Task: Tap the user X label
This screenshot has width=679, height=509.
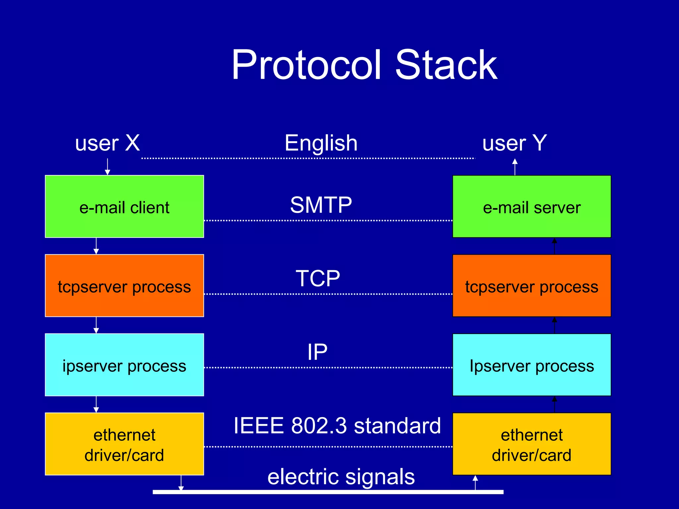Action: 107,143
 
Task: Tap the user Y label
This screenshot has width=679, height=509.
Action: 514,143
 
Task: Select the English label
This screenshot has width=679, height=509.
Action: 321,143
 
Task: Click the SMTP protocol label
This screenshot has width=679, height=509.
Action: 321,205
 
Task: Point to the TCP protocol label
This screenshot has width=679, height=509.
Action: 318,278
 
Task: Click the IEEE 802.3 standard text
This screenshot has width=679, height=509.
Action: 337,425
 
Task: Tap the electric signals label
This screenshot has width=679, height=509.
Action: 341,477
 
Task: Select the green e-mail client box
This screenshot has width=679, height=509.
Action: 124,206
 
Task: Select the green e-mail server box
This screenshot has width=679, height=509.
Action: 531,206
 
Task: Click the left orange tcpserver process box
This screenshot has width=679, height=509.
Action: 124,286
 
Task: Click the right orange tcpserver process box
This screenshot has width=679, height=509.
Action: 531,286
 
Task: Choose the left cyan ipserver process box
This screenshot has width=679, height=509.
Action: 124,365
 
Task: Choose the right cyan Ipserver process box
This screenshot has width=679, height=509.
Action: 531,365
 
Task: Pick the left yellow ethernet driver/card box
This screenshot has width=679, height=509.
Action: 124,444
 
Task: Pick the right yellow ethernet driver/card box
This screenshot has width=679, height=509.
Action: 531,444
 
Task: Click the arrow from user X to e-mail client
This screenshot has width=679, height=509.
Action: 107,167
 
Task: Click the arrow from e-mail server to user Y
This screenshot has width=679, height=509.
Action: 515,167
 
